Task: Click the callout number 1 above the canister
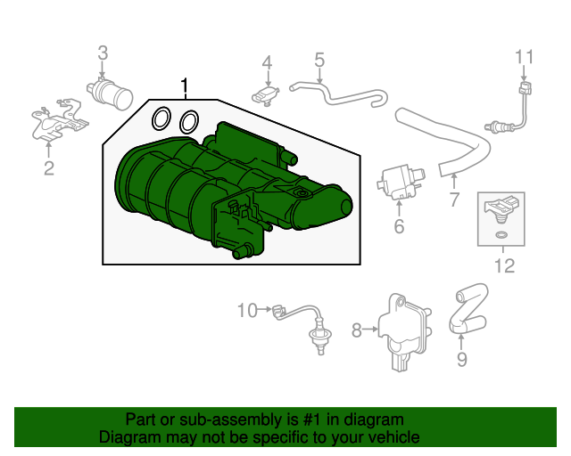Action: tap(185, 85)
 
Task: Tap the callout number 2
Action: tap(49, 168)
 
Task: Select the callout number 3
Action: tap(103, 53)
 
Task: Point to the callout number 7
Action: tap(454, 199)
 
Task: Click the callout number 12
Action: tap(505, 265)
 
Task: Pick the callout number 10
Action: tap(247, 311)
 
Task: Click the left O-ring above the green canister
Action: tap(161, 118)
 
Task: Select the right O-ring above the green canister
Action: tap(189, 121)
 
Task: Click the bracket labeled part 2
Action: tap(59, 120)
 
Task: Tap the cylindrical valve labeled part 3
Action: tap(110, 93)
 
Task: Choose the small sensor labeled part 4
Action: tap(266, 95)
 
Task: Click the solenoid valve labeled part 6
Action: tap(400, 183)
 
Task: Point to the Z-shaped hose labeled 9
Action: tap(468, 308)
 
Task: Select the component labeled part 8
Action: tap(403, 332)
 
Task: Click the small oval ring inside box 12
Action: tap(501, 235)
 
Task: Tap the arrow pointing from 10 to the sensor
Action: tap(264, 310)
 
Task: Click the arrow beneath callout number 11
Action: tap(524, 73)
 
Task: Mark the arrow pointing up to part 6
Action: tap(400, 209)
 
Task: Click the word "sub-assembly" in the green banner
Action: tap(230, 420)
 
